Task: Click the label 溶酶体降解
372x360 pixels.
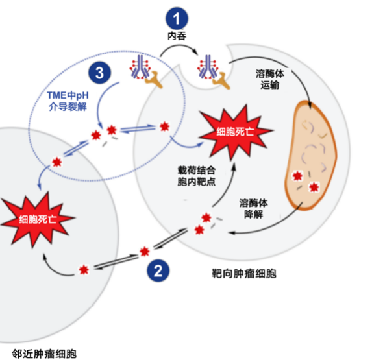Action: (258, 207)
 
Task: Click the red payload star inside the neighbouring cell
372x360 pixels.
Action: (83, 270)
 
